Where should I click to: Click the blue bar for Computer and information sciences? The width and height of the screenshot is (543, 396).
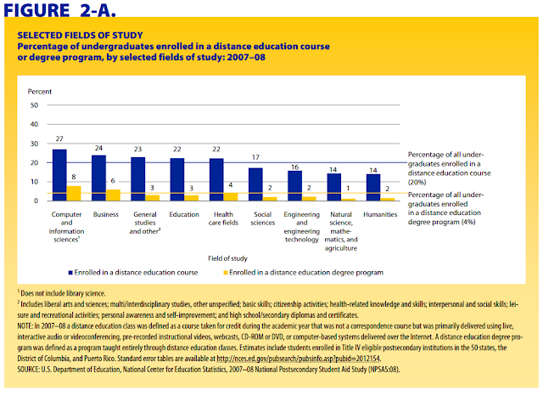(x=59, y=175)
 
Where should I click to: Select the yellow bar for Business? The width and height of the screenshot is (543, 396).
(x=113, y=195)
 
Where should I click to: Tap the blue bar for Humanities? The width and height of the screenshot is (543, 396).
(x=373, y=188)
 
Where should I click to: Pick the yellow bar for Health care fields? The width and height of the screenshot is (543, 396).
(x=231, y=197)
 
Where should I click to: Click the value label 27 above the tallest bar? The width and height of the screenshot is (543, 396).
(x=59, y=139)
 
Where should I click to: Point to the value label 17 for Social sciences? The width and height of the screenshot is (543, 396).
(x=255, y=157)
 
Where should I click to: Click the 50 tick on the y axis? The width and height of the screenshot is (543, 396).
(x=34, y=105)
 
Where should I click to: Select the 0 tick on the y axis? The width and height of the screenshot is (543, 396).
(x=36, y=201)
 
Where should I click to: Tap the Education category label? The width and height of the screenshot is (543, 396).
(x=184, y=214)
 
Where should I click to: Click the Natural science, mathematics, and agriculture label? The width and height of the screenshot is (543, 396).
(x=341, y=231)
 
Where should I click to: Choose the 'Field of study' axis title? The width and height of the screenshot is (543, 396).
(x=227, y=258)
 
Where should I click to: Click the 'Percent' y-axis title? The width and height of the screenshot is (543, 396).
(x=40, y=92)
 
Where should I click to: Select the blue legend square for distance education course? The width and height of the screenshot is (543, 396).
(x=70, y=273)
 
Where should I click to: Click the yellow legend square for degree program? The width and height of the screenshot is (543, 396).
(x=226, y=273)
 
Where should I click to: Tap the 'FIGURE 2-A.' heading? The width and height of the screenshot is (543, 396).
(x=59, y=9)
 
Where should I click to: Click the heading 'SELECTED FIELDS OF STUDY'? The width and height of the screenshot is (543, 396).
(x=80, y=36)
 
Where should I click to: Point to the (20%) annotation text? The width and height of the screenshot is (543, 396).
(x=417, y=183)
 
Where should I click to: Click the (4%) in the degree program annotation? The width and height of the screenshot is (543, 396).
(x=468, y=222)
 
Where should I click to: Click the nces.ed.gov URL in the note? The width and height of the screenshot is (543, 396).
(x=299, y=359)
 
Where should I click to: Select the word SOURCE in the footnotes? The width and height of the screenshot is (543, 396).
(x=28, y=370)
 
